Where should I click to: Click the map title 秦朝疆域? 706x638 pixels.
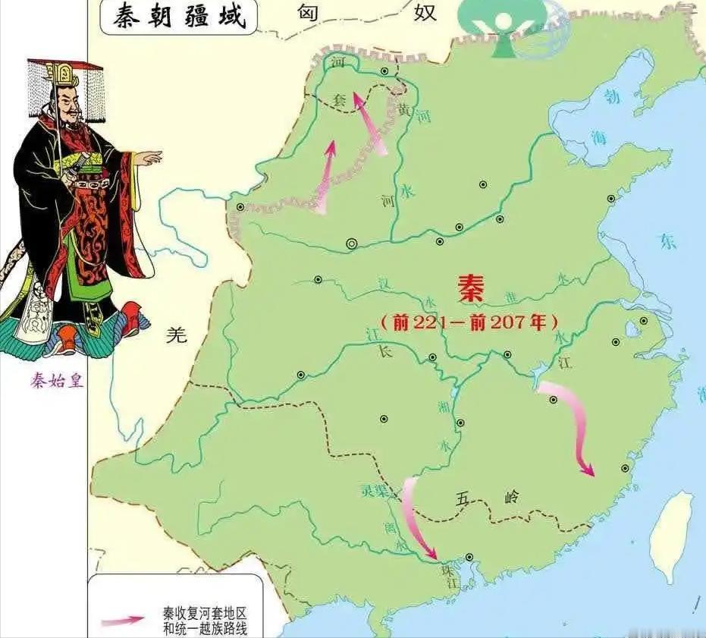180,17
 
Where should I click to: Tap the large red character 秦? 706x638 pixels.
472,289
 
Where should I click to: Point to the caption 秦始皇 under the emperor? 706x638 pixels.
58,381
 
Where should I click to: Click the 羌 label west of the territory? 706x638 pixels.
176,336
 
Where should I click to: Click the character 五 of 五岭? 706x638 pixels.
464,498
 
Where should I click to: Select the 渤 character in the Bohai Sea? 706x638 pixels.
612,97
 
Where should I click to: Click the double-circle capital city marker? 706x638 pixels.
351,244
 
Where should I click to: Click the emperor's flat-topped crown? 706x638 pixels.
65,70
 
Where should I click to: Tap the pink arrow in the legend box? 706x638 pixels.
121,620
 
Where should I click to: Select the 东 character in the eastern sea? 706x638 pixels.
667,241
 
